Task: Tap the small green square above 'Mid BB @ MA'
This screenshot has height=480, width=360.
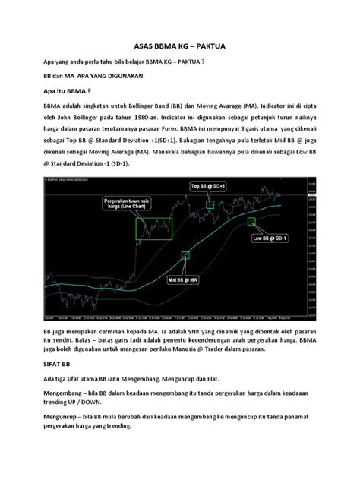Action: pyautogui.click(x=185, y=257)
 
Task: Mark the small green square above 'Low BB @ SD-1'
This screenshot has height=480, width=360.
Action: pyautogui.click(x=250, y=220)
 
